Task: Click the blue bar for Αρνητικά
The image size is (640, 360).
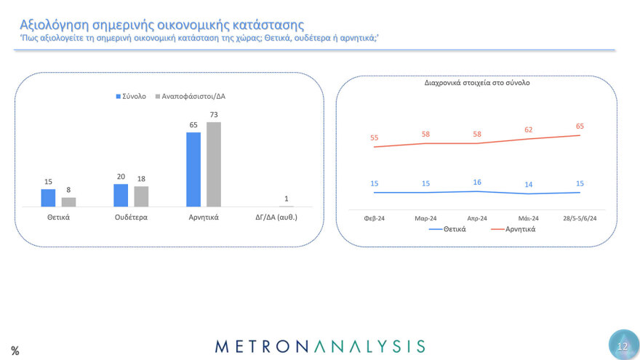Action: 193,169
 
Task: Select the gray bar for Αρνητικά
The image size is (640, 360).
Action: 213,164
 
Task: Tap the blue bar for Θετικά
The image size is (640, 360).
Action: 48,198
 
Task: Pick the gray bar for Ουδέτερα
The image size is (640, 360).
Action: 141,196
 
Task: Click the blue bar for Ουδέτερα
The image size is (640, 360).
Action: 121,195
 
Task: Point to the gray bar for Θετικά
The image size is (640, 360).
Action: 68,202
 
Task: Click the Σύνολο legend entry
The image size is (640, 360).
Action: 131,96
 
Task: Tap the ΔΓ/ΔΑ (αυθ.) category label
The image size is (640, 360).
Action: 287,217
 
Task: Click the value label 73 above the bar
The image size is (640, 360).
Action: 214,114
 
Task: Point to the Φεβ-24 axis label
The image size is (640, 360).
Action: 375,217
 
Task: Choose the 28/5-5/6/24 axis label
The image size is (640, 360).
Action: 580,217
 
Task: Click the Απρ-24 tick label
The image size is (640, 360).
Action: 477,217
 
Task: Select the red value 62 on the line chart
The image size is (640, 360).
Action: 529,129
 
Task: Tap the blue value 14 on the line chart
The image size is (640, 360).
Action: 529,185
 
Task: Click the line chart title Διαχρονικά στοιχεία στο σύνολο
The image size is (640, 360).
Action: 477,83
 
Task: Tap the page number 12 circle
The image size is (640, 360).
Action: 623,345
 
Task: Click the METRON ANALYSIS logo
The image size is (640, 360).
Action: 321,345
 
